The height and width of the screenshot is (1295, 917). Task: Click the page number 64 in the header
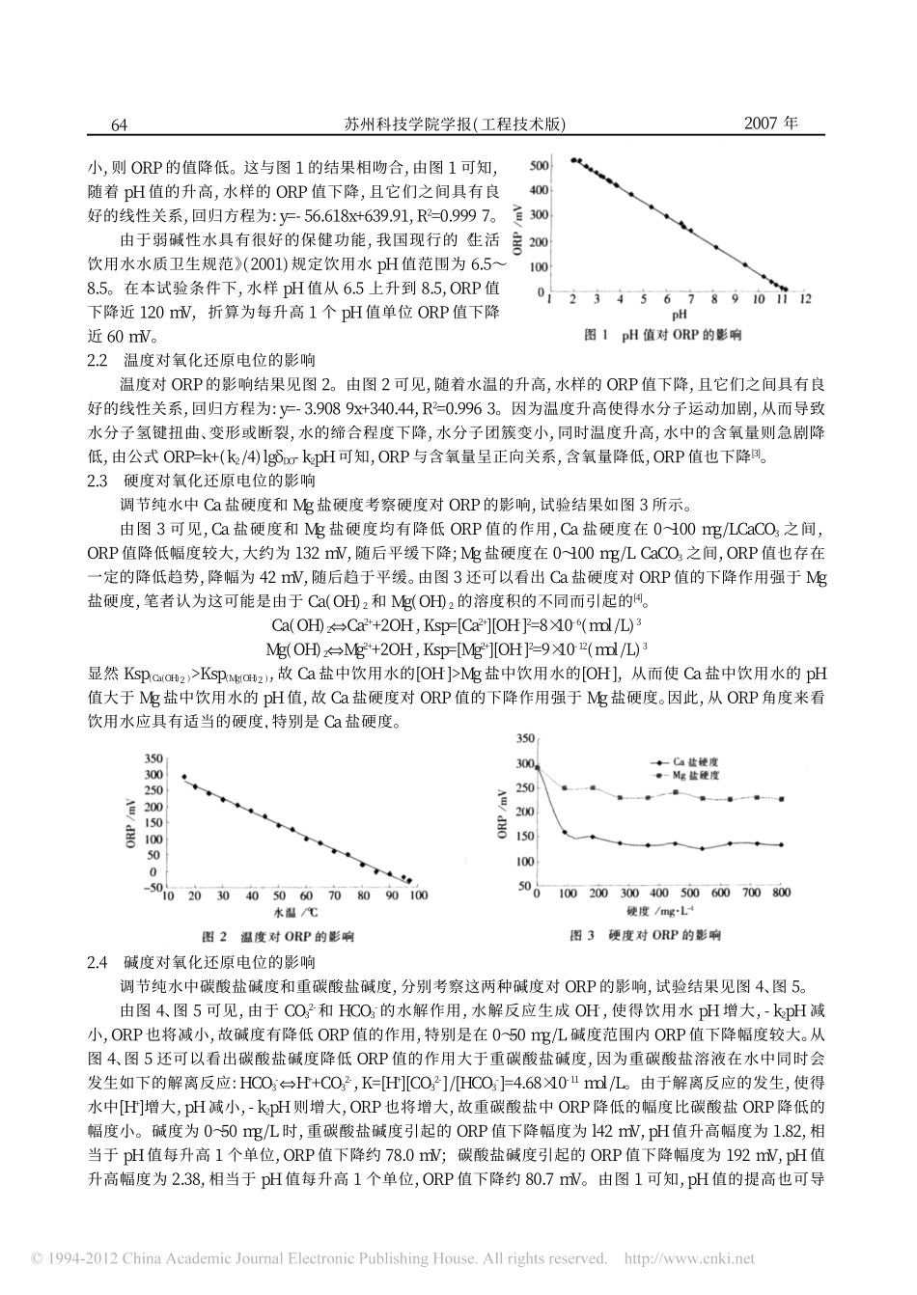121,125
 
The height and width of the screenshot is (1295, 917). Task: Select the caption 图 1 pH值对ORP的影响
663,335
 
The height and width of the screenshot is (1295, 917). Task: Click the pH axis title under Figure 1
680,315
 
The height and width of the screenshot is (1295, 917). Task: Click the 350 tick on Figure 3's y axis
525,739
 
